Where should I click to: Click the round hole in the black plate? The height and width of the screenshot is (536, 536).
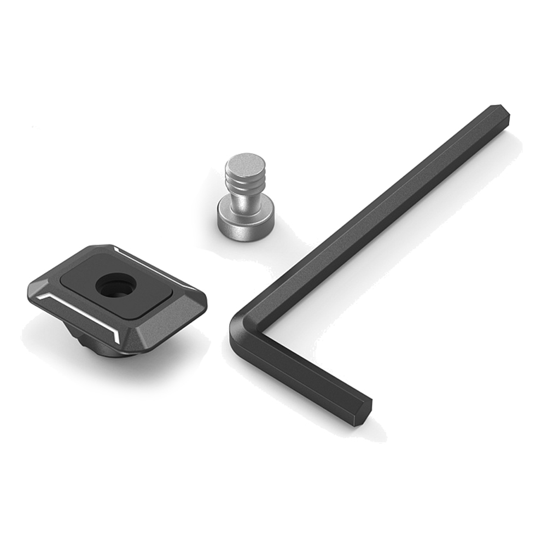pyautogui.click(x=116, y=286)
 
